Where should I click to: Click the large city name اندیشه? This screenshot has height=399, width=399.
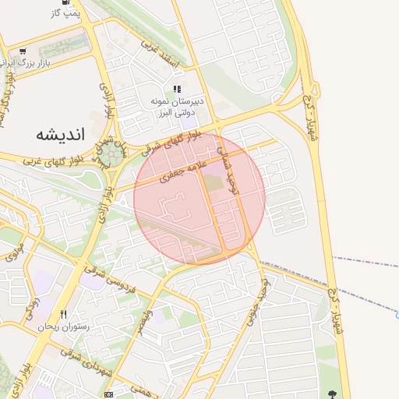[x=59, y=134]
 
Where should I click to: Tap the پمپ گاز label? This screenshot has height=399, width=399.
[x=65, y=13]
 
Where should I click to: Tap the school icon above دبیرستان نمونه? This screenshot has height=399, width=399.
[x=177, y=90]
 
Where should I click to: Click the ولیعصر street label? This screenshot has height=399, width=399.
[x=145, y=309]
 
